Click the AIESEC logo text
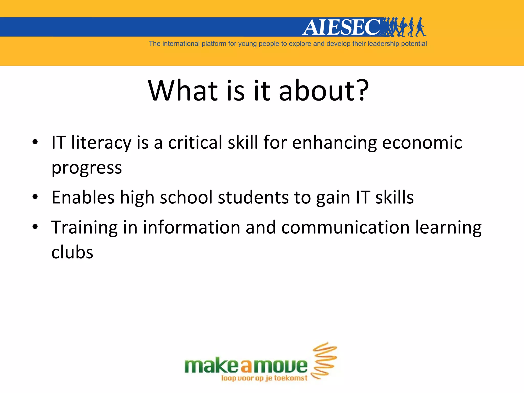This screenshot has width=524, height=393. (342, 27)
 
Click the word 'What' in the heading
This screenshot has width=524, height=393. (183, 91)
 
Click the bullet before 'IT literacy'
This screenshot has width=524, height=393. (35, 142)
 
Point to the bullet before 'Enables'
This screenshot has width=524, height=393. (35, 197)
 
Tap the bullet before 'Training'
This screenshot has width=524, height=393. (35, 227)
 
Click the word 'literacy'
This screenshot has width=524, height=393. (101, 143)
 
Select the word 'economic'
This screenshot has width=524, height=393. (422, 143)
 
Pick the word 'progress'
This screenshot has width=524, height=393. (87, 168)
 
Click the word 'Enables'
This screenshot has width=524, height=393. (83, 198)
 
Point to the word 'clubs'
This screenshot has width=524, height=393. (72, 252)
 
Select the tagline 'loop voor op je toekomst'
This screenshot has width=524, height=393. (264, 378)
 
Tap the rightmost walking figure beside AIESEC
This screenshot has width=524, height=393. (420, 27)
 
